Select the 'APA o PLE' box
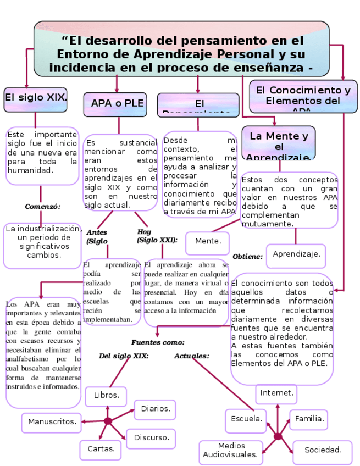(115, 104)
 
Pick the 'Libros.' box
(106, 396)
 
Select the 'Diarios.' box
(155, 409)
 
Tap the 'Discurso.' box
(151, 438)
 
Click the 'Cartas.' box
(101, 450)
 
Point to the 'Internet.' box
(277, 393)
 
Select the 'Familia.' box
(308, 419)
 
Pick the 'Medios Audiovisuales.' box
(230, 451)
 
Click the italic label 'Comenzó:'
(42, 207)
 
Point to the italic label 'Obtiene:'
(247, 257)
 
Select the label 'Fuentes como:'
(158, 342)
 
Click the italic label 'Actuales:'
(192, 356)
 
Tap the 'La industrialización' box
(42, 242)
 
